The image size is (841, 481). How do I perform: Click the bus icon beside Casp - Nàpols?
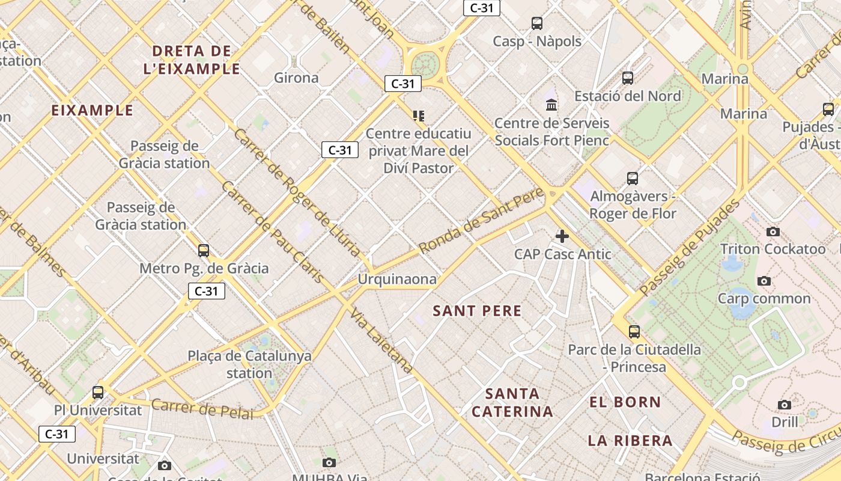tap(537, 23)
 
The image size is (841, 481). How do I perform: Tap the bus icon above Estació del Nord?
tap(628, 78)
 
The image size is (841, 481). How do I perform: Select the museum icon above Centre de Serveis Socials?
tap(551, 105)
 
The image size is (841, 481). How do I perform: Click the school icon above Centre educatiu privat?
tap(419, 115)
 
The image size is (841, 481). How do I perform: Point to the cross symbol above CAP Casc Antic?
tap(562, 236)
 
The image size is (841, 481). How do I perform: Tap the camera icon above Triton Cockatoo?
tap(773, 231)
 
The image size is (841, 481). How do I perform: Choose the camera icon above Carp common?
tap(764, 281)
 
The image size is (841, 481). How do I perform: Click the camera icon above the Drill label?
tap(785, 405)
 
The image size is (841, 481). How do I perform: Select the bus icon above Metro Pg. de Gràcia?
tap(204, 250)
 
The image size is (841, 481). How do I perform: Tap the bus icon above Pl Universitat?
tap(98, 393)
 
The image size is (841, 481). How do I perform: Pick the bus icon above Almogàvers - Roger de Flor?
tap(633, 178)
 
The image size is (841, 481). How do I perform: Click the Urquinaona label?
tap(397, 280)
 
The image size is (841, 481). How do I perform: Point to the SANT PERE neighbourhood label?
tap(478, 311)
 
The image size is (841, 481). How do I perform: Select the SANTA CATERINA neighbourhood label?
tap(512, 403)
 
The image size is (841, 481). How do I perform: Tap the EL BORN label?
tap(625, 402)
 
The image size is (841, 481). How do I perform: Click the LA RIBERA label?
tap(630, 441)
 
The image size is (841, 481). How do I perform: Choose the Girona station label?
tap(296, 78)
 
